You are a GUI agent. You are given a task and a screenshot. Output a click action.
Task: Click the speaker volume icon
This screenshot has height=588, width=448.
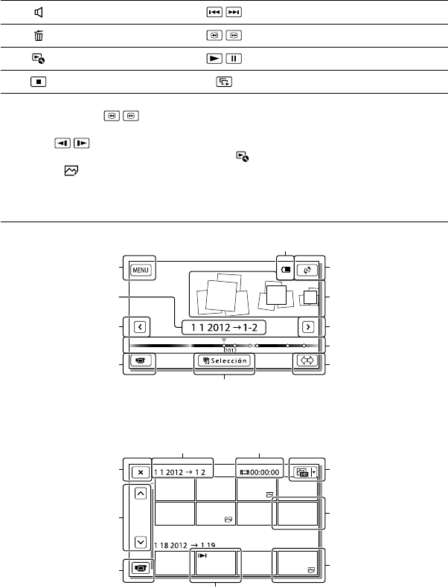(x=38, y=13)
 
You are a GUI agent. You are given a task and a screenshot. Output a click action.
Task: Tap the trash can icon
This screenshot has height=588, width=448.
(x=38, y=36)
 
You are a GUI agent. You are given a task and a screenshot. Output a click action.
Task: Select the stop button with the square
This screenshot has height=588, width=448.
(x=38, y=81)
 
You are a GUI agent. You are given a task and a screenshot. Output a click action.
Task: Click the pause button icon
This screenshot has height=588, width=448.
(x=234, y=59)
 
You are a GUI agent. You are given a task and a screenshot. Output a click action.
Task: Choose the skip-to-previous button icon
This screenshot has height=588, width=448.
(x=214, y=13)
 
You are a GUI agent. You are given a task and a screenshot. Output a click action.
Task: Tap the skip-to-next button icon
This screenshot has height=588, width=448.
(x=234, y=13)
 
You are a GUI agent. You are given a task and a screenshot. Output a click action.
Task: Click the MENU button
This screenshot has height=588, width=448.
(x=141, y=270)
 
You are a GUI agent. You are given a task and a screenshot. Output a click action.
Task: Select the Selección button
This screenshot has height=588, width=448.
(x=224, y=361)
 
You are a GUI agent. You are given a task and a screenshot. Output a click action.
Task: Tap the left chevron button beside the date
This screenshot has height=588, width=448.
(x=140, y=327)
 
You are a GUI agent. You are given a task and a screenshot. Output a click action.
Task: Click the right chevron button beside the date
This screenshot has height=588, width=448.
(x=308, y=327)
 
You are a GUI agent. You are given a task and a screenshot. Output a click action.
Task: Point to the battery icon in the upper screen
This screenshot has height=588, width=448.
(x=286, y=270)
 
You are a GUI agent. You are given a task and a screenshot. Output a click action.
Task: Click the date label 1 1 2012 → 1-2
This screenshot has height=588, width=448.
(x=224, y=327)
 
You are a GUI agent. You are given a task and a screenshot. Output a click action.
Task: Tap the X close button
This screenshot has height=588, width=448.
(x=141, y=472)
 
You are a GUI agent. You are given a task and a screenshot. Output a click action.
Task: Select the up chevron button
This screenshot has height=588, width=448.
(x=141, y=493)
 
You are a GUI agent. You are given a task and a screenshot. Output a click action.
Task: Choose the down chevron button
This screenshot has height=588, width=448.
(x=141, y=542)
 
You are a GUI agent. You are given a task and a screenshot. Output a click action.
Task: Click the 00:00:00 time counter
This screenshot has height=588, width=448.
(x=260, y=472)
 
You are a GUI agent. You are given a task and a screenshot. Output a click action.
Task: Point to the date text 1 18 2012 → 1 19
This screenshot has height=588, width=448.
(x=185, y=545)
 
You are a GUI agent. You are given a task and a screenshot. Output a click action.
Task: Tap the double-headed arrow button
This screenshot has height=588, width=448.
(x=307, y=361)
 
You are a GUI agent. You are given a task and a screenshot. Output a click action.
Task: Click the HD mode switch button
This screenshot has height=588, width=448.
(x=306, y=472)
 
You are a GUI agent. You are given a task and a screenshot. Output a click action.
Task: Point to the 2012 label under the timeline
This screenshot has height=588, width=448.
(x=230, y=350)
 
